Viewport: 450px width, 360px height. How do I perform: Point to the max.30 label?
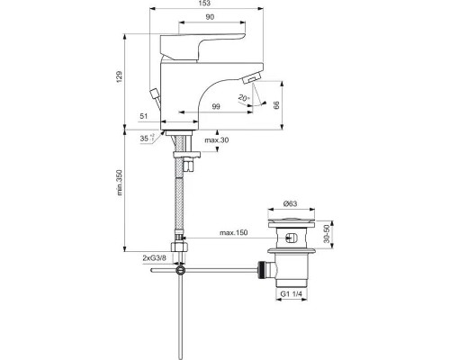pos(217,140)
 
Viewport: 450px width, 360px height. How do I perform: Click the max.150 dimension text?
pos(233,234)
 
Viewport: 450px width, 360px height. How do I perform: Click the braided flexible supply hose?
pos(180,202)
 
